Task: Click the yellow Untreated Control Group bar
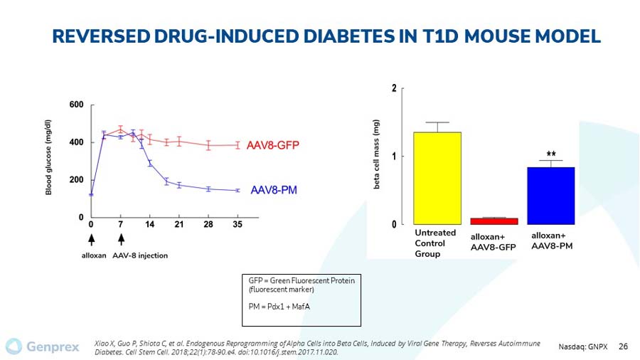click(437, 178)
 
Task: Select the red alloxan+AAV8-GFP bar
click(494, 221)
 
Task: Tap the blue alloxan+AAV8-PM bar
click(550, 196)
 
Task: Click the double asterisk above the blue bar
click(551, 154)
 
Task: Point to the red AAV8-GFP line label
click(272, 146)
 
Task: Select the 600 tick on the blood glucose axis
click(75, 105)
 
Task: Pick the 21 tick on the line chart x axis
click(178, 225)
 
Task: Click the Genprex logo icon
click(14, 346)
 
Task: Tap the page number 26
click(624, 346)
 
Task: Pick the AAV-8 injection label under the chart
click(140, 256)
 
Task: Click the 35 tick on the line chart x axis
click(238, 225)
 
